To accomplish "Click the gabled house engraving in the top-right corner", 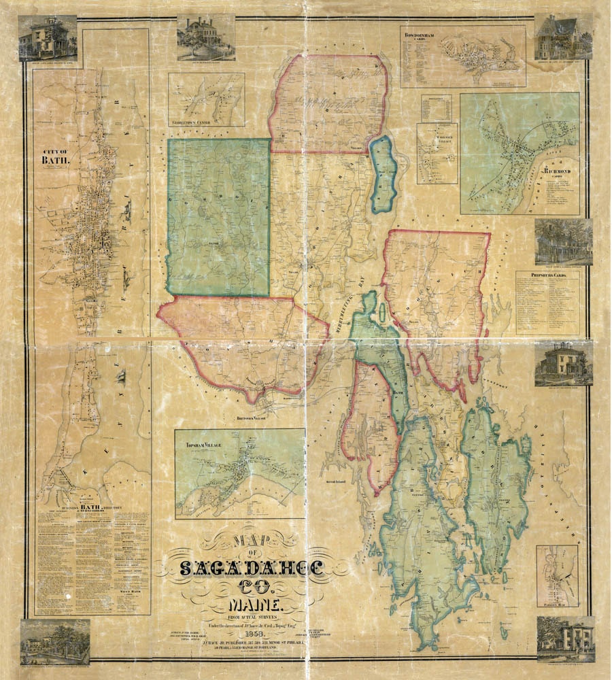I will pos(564,38).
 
